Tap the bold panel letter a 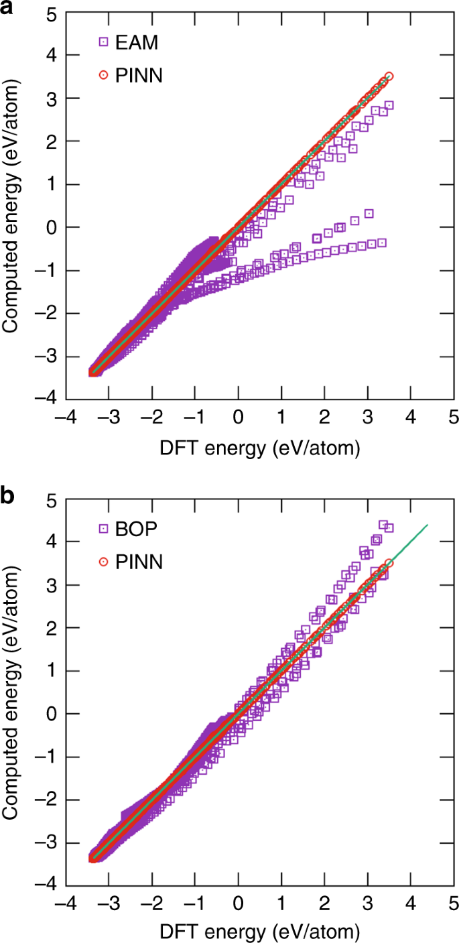(x=7, y=9)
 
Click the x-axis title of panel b (x=259, y=933)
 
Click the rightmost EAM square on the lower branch (x=382, y=242)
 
